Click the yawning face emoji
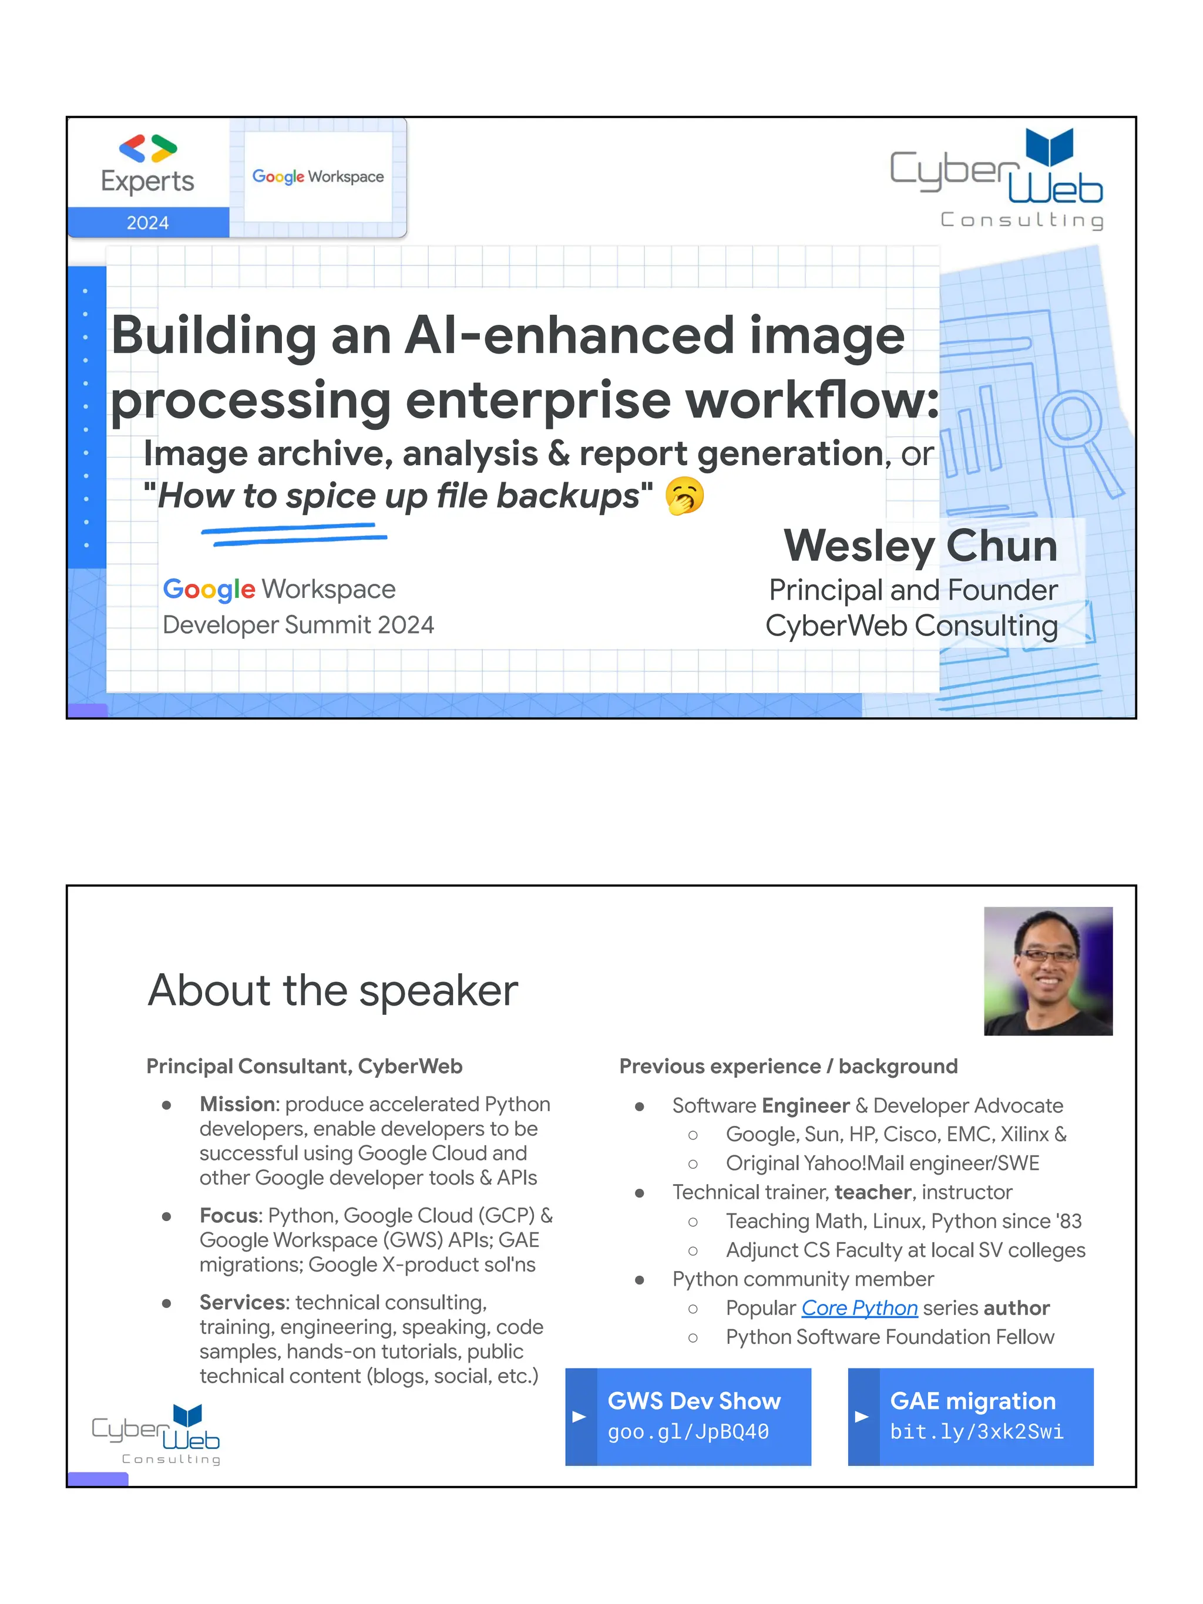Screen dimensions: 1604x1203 pyautogui.click(x=684, y=496)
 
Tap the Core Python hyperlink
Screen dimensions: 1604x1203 pyautogui.click(x=859, y=1307)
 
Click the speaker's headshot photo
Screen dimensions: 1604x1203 pyautogui.click(x=1047, y=970)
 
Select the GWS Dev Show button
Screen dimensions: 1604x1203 pyautogui.click(x=687, y=1416)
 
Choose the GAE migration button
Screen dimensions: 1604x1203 pyautogui.click(x=970, y=1416)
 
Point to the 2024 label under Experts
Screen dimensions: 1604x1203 pyautogui.click(x=148, y=223)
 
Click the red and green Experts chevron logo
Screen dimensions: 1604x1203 pyautogui.click(x=148, y=149)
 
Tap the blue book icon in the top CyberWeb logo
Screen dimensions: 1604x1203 pyautogui.click(x=1049, y=147)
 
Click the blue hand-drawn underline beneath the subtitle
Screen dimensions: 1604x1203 pyautogui.click(x=294, y=534)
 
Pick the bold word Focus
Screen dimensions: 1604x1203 pyautogui.click(x=229, y=1215)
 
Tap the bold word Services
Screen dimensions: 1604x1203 pyautogui.click(x=244, y=1302)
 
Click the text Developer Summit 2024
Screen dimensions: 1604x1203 pyautogui.click(x=298, y=624)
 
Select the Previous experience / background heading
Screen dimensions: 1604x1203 pyautogui.click(x=788, y=1066)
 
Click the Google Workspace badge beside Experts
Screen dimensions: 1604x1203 pyautogui.click(x=318, y=177)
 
